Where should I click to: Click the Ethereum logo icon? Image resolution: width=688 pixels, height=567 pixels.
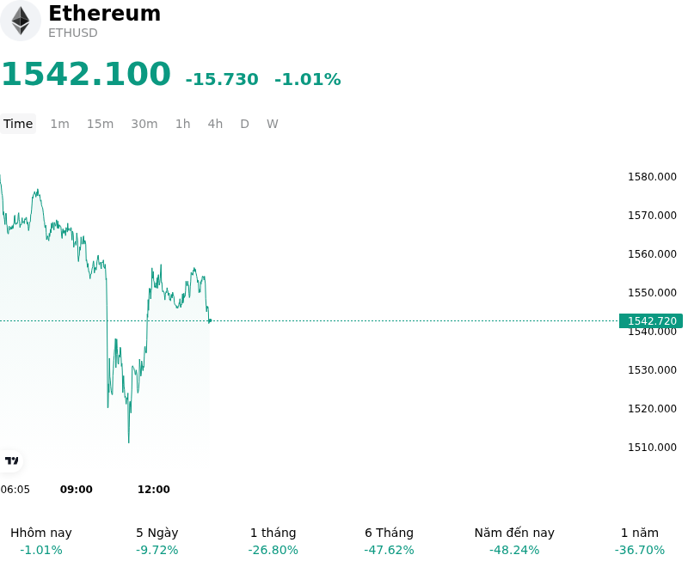(x=20, y=21)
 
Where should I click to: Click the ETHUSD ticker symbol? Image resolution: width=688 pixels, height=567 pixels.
(x=73, y=33)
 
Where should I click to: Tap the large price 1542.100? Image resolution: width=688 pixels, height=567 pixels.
(x=86, y=74)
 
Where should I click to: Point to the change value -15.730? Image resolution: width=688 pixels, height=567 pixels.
(x=222, y=79)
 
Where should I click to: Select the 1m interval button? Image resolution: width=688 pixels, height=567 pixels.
(x=59, y=124)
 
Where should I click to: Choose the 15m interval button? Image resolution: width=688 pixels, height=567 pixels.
(x=100, y=124)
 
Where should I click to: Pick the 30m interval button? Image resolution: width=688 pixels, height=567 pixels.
(x=144, y=124)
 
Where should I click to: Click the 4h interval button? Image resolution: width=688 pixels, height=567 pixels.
(x=215, y=124)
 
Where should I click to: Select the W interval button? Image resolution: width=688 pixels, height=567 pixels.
(x=273, y=124)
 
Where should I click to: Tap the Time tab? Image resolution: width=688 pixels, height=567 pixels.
(x=18, y=124)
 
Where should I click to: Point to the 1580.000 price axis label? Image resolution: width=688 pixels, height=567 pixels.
(x=652, y=177)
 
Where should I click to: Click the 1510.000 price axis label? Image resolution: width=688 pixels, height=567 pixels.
(x=652, y=447)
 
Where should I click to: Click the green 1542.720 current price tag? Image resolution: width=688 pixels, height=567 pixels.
(x=651, y=320)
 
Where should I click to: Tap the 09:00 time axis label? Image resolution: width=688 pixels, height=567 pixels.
(x=77, y=490)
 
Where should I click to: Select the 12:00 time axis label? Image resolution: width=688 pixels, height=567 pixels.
(x=154, y=490)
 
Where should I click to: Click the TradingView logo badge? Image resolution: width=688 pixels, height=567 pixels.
(x=11, y=460)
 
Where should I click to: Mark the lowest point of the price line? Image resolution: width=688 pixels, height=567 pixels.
(x=128, y=442)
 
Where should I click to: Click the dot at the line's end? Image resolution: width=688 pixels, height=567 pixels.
(x=210, y=320)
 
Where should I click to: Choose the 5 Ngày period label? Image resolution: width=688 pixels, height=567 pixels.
(x=157, y=533)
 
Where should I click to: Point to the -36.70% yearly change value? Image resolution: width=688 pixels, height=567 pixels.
(x=640, y=550)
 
